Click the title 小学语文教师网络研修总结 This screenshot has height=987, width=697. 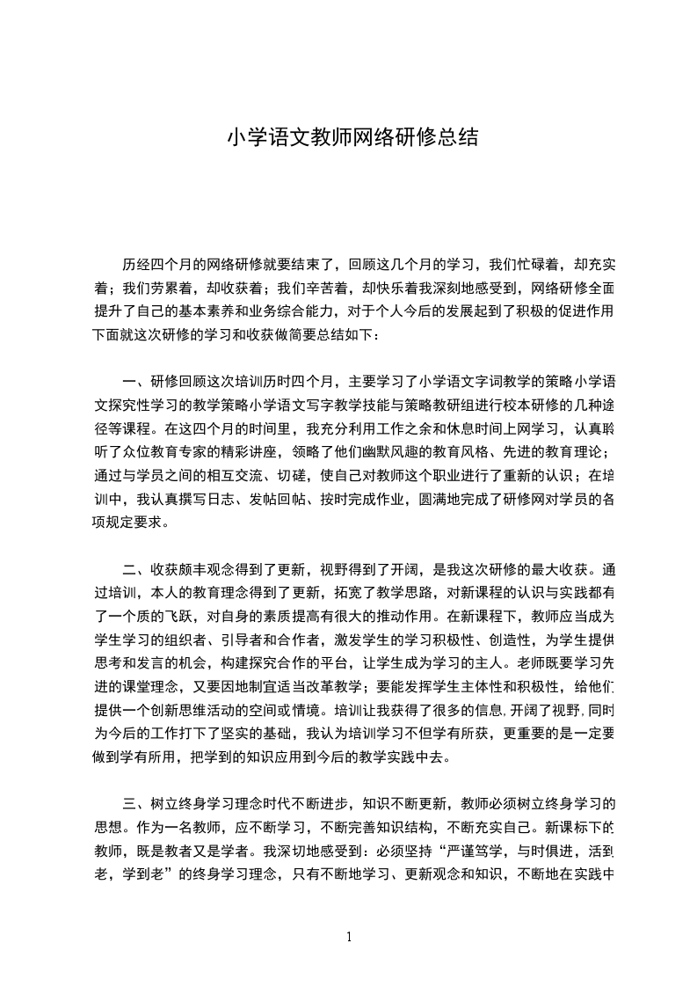tap(352, 138)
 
